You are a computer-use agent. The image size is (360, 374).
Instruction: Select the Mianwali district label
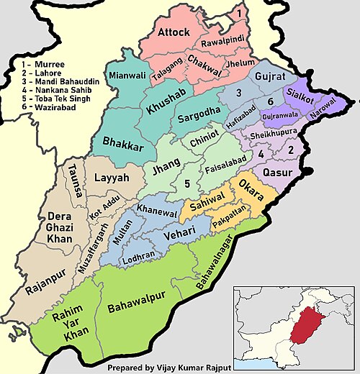pyautogui.click(x=123, y=75)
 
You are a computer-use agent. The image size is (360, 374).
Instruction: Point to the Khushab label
pyautogui.click(x=163, y=109)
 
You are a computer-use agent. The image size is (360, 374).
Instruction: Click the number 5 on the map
pyautogui.click(x=186, y=185)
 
